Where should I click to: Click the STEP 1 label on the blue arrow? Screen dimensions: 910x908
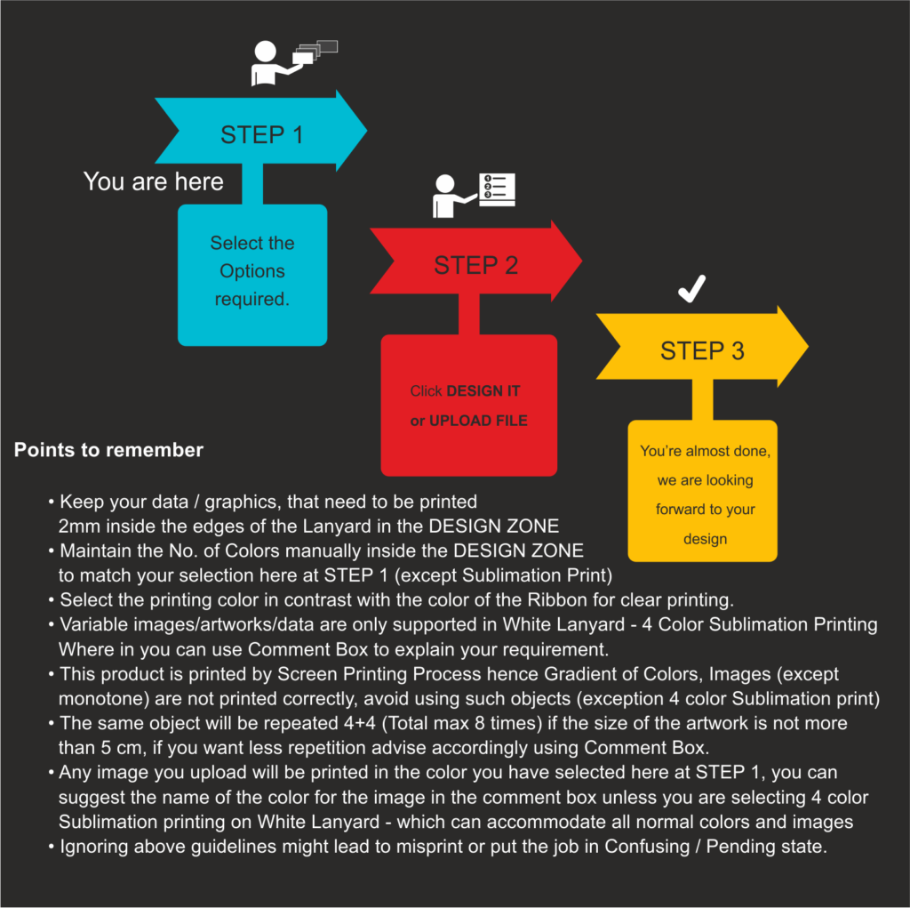coord(262,135)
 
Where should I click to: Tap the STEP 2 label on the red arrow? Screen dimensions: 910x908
coord(476,265)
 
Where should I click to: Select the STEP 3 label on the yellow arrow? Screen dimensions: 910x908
coord(702,351)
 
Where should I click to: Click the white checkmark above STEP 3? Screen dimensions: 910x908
coord(691,288)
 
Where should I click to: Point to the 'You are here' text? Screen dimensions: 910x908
coord(153,181)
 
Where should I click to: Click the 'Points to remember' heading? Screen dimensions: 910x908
coord(108,450)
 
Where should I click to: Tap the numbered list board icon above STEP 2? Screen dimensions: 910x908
coord(498,189)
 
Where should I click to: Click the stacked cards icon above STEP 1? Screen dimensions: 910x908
coord(315,52)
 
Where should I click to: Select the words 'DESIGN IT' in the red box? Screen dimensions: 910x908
coord(483,391)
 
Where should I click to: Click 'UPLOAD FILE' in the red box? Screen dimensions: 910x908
coord(478,421)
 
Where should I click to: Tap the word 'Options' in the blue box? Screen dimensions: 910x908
coord(252,271)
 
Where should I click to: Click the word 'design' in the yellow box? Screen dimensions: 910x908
coord(705,539)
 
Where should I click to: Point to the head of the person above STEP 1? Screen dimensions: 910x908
coord(265,51)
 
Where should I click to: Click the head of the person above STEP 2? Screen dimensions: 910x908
coord(445,183)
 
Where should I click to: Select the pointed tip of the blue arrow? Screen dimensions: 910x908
coord(367,131)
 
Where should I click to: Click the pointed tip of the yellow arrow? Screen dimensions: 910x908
coord(808,347)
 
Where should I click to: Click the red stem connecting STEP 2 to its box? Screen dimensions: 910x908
coord(469,314)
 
